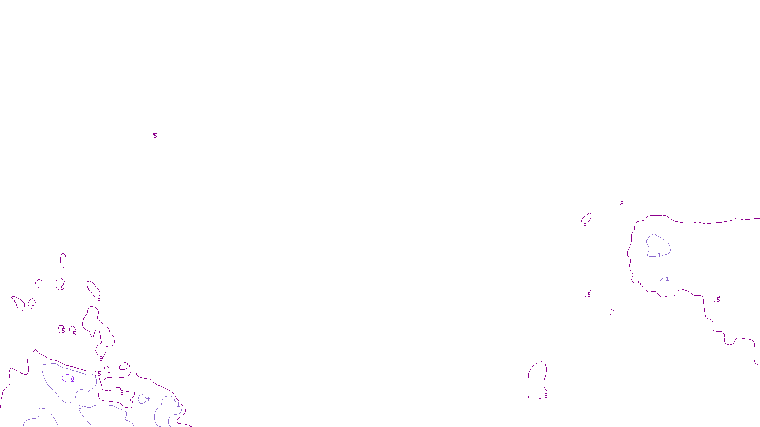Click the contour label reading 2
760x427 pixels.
73,380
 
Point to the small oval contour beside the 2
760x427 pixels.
66,378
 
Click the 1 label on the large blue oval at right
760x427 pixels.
659,255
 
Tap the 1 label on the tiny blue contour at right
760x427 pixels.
667,279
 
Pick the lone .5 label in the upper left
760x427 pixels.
154,136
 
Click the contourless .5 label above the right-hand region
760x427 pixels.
621,204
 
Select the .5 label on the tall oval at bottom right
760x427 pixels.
546,395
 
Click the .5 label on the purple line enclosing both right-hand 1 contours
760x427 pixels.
639,283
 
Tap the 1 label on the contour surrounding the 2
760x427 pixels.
85,390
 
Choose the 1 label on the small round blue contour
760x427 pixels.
148,399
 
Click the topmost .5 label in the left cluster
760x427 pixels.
64,266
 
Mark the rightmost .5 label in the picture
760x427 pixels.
718,299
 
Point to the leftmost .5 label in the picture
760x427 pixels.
23,309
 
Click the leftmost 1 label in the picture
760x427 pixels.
40,410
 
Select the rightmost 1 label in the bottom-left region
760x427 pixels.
178,405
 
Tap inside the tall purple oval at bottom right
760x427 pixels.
537,380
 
